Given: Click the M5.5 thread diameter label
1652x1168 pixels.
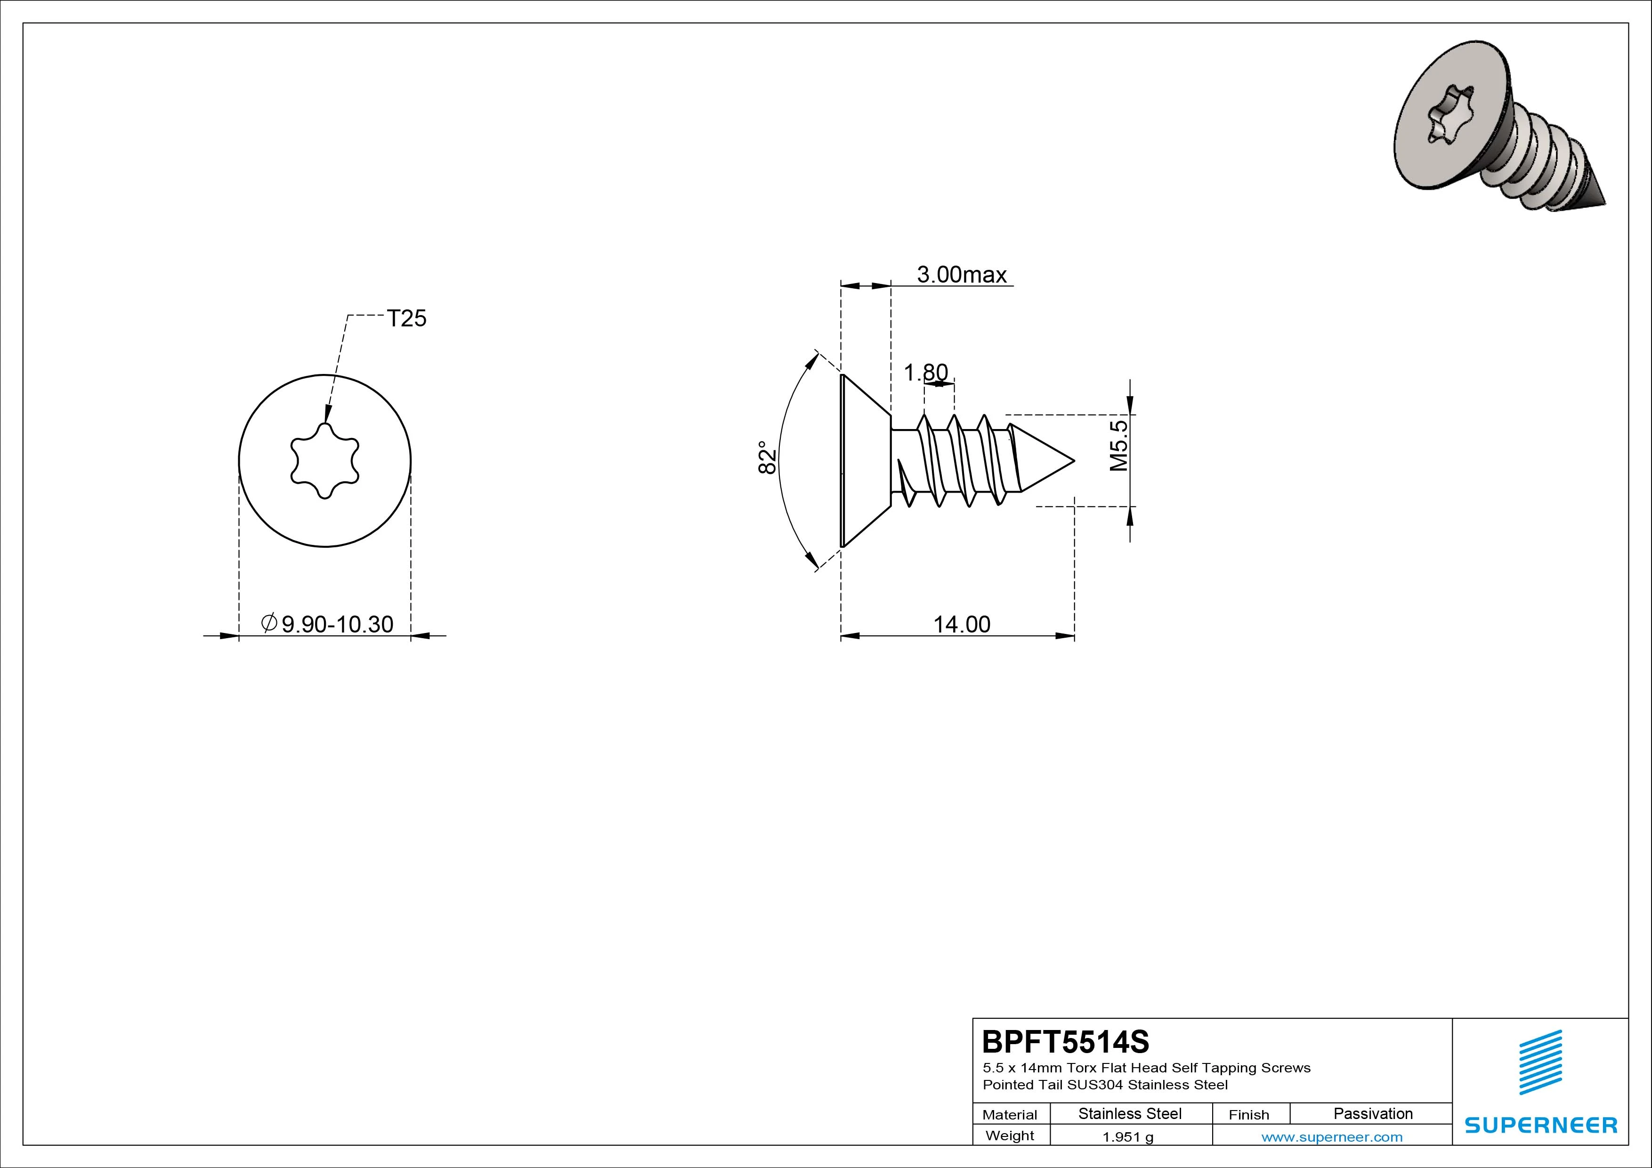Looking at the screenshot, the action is point(1119,446).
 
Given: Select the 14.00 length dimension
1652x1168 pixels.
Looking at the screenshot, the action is point(961,624).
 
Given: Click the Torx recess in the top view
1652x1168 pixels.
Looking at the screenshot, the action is point(324,461).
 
